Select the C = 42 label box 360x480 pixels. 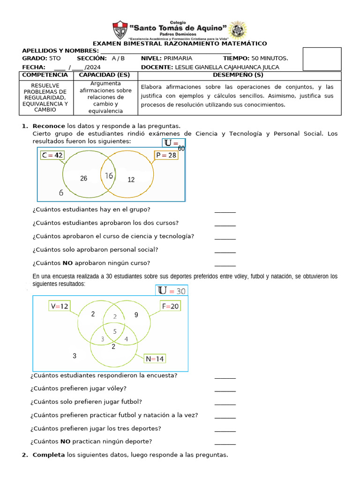tap(52, 155)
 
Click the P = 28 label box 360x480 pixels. tap(166, 155)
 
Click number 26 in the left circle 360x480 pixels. tap(84, 178)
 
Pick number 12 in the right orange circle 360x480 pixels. tap(131, 180)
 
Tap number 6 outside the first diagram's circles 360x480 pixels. tap(61, 193)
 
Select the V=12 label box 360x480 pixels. tap(60, 306)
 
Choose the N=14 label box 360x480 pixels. tap(155, 359)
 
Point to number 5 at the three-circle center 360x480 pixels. tap(115, 332)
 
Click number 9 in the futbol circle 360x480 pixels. tap(136, 315)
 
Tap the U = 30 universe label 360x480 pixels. tap(172, 291)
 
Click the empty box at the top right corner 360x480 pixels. tap(322, 59)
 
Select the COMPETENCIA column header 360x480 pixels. tap(45, 75)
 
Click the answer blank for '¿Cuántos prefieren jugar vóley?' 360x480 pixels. tap(225, 390)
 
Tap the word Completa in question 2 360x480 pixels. tap(49, 455)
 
